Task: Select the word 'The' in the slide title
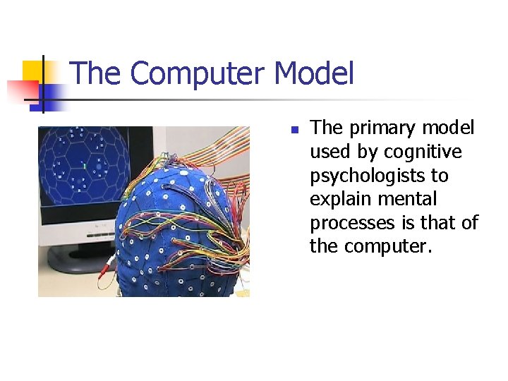pyautogui.click(x=96, y=74)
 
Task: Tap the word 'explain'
pyautogui.click(x=338, y=200)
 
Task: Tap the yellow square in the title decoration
pyautogui.click(x=33, y=71)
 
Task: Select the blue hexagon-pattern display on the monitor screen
pyautogui.click(x=85, y=166)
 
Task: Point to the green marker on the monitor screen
pyautogui.click(x=84, y=167)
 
